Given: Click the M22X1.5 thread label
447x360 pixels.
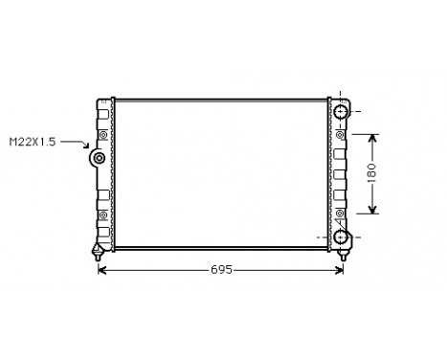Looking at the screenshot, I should [32, 142].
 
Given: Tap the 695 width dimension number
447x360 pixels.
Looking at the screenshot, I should [221, 271].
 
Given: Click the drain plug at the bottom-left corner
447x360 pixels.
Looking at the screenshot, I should [97, 254].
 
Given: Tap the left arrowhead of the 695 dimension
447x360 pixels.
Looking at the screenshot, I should [103, 271].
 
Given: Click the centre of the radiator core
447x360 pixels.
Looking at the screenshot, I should [221, 172].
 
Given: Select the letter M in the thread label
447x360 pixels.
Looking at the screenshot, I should [12, 142].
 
